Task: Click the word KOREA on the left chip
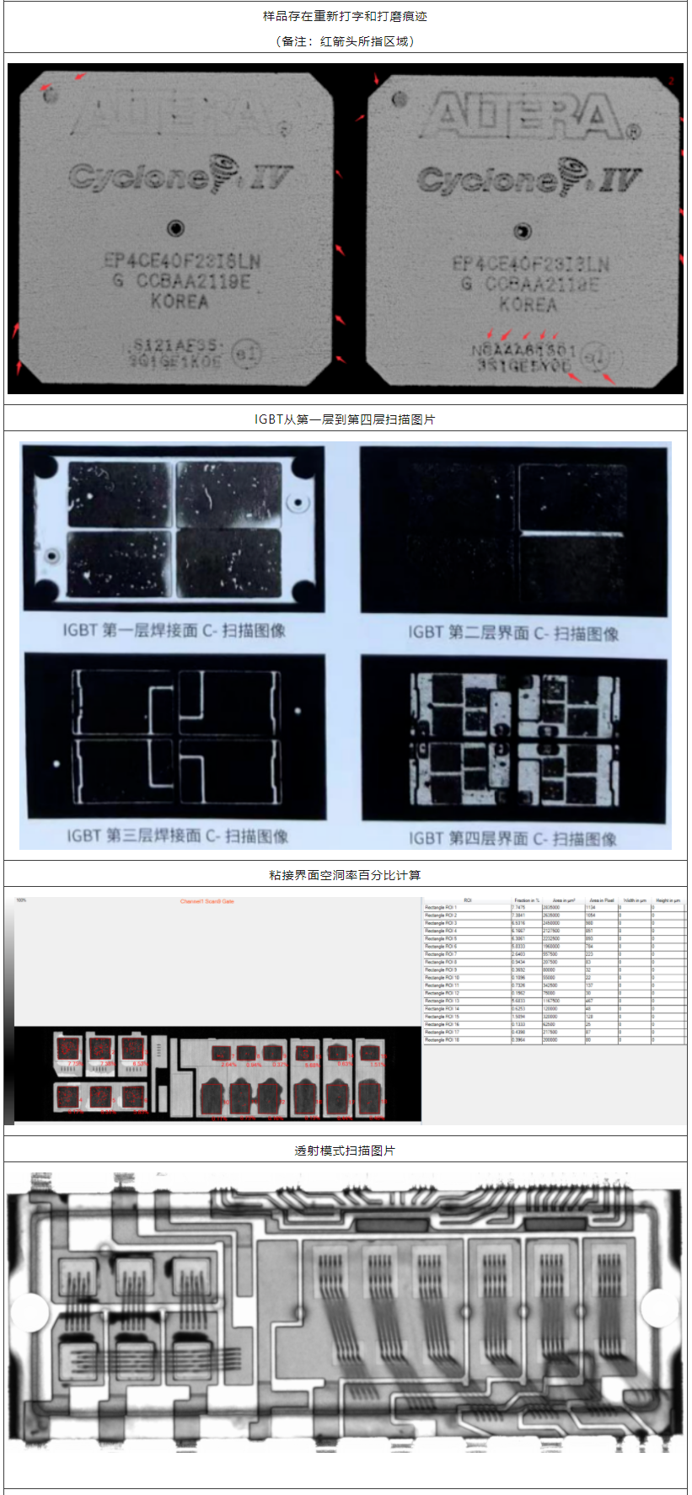pyautogui.click(x=179, y=301)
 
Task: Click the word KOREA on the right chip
pyautogui.click(x=527, y=304)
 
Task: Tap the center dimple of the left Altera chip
pyautogui.click(x=175, y=228)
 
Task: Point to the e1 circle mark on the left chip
pyautogui.click(x=245, y=354)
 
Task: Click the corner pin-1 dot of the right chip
pyautogui.click(x=400, y=99)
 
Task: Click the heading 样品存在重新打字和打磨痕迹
pyautogui.click(x=345, y=16)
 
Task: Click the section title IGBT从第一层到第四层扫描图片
pyautogui.click(x=345, y=419)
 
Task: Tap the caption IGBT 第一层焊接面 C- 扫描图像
pyautogui.click(x=174, y=630)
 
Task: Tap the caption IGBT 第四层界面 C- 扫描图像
pyautogui.click(x=512, y=838)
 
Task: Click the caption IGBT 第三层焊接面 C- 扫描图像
pyautogui.click(x=177, y=836)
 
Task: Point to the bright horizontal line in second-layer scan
pyautogui.click(x=571, y=534)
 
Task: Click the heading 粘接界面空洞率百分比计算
pyautogui.click(x=345, y=875)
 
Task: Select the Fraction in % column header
pyautogui.click(x=527, y=900)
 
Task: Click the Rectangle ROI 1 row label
pyautogui.click(x=441, y=907)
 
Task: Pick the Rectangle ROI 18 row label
pyautogui.click(x=442, y=1039)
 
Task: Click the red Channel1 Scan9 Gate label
pyautogui.click(x=207, y=901)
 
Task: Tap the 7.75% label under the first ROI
pyautogui.click(x=74, y=1064)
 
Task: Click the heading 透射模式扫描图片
pyautogui.click(x=345, y=1151)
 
